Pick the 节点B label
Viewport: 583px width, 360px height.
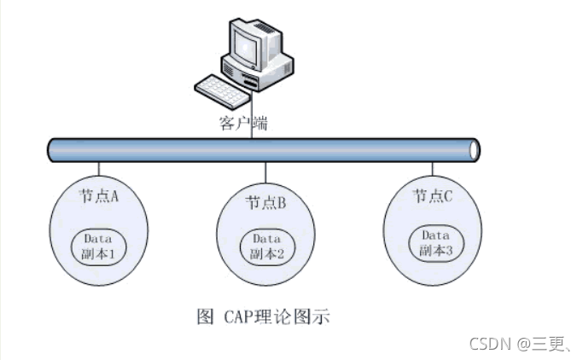click(x=265, y=202)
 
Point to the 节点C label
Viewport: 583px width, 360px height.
click(x=432, y=195)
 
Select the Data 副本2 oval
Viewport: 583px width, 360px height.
click(x=265, y=247)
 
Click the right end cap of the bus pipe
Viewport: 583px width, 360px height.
click(x=475, y=149)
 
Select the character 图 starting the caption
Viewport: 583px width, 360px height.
click(x=205, y=317)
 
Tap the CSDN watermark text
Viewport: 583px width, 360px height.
click(x=489, y=343)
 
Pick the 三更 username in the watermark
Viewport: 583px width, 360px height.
click(x=547, y=343)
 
